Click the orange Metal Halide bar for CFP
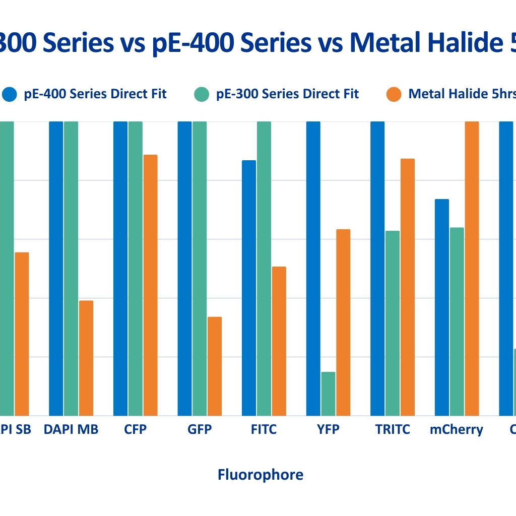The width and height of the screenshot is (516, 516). pos(150,285)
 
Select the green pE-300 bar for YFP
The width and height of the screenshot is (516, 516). pos(328,394)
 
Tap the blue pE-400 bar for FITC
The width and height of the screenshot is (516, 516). pos(249,288)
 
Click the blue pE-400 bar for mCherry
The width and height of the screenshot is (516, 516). pos(442,307)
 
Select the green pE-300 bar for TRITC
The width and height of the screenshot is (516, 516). pos(393,323)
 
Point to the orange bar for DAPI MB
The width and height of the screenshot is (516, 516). pos(86,358)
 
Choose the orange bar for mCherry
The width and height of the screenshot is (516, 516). pos(472,269)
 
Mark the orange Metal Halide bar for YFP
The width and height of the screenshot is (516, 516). pos(343,322)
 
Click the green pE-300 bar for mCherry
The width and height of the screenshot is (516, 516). pos(457,321)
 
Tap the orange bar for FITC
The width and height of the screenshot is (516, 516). pos(279,341)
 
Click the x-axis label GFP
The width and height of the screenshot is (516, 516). pos(200,430)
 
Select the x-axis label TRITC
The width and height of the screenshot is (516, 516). pos(393,430)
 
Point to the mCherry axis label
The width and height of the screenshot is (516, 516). pos(456,430)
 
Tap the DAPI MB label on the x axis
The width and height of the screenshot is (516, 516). pos(71,430)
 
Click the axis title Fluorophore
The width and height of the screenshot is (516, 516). pos(261,475)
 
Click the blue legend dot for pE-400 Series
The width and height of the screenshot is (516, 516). pos(10,94)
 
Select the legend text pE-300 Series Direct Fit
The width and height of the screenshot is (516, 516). pos(287,94)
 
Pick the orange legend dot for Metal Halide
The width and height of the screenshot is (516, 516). pos(394,94)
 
